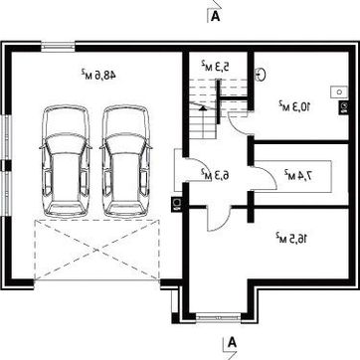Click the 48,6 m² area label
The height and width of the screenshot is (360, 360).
click(98, 75)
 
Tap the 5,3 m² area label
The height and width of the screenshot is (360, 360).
click(215, 65)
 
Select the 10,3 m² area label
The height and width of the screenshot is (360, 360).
click(294, 106)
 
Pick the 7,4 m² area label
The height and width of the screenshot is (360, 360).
click(298, 176)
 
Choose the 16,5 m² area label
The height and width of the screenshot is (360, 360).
click(291, 238)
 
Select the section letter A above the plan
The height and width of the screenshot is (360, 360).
click(216, 16)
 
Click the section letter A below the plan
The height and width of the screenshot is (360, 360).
click(233, 342)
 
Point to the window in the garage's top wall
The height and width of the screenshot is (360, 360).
click(59, 47)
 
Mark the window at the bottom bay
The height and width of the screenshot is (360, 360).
click(218, 317)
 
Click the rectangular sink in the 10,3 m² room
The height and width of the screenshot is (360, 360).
click(339, 91)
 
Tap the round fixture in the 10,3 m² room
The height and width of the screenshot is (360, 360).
click(261, 75)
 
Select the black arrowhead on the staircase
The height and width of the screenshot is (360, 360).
click(203, 107)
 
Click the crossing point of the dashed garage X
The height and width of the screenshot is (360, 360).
click(97, 251)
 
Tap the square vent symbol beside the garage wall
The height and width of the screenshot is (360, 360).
click(176, 205)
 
